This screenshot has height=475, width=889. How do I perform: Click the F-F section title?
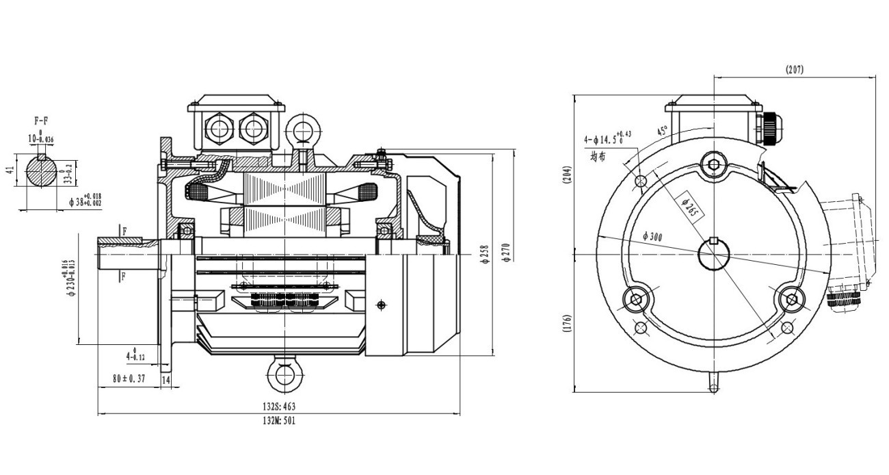pos(41,120)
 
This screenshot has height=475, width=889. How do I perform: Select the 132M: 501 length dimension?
pos(277,420)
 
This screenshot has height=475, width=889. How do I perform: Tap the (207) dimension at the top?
pos(794,69)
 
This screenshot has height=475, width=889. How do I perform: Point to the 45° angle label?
pos(662,131)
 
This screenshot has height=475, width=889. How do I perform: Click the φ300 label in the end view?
pos(653,236)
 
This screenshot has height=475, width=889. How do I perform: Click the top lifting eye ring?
pos(301,127)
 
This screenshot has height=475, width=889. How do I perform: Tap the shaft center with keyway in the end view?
pos(713,254)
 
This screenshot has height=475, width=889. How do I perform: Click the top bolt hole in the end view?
pos(714,164)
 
